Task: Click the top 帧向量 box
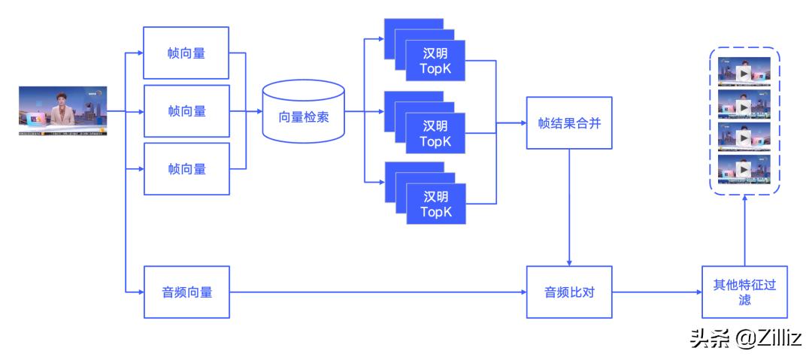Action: pyautogui.click(x=186, y=53)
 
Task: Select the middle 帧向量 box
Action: pyautogui.click(x=186, y=111)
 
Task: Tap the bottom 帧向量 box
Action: pyautogui.click(x=186, y=169)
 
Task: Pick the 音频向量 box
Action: pyautogui.click(x=186, y=292)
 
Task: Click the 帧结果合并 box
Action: pyautogui.click(x=568, y=122)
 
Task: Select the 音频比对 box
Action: pyautogui.click(x=568, y=292)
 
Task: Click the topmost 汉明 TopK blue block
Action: pyautogui.click(x=435, y=62)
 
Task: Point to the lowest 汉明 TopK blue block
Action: pyautogui.click(x=435, y=204)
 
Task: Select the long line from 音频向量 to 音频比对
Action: pyautogui.click(x=376, y=292)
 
